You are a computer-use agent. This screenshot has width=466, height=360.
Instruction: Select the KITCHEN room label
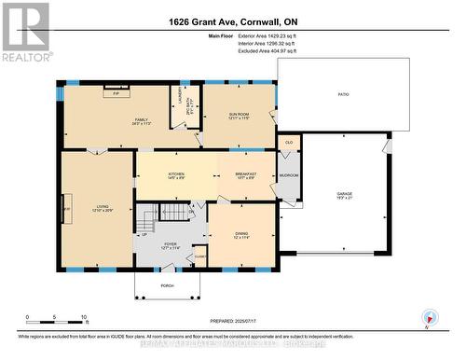(x=176, y=174)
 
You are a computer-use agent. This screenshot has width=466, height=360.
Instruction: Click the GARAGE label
(x=345, y=194)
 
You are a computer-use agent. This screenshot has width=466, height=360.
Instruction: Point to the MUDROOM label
(x=289, y=174)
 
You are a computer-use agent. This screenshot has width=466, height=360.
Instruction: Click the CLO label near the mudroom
(x=289, y=143)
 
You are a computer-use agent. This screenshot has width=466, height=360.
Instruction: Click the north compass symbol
(x=428, y=316)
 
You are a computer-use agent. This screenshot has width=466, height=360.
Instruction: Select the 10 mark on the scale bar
(x=84, y=318)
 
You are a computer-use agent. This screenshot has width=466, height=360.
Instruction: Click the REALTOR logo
(x=25, y=32)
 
